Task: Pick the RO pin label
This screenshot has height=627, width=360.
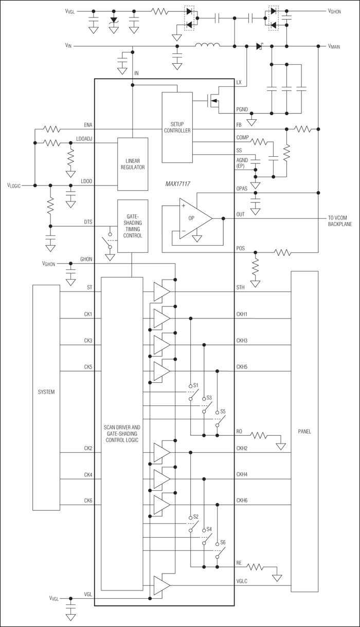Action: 240,431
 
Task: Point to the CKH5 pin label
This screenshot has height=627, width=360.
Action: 242,367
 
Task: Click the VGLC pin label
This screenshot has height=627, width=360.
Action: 242,581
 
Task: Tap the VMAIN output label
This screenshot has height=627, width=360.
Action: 338,46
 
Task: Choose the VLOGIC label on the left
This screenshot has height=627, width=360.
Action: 14,185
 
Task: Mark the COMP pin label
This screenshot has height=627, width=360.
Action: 242,138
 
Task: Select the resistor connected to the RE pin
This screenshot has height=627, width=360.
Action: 256,568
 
